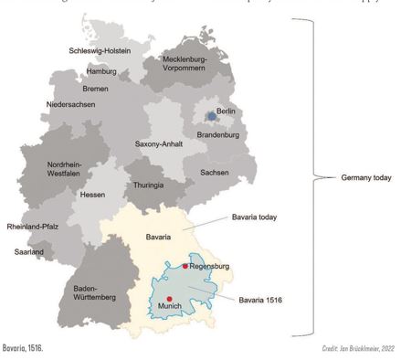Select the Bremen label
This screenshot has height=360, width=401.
[93, 89]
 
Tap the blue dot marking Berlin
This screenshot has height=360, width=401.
[212, 117]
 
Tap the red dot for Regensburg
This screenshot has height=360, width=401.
[185, 266]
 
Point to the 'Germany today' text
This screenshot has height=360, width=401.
[365, 177]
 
